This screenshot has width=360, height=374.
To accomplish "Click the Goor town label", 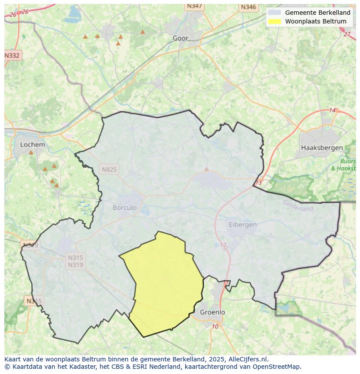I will pyautogui.click(x=180, y=38).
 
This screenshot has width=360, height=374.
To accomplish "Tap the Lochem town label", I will pyautogui.click(x=32, y=145).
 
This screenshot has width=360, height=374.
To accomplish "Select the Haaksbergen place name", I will pyautogui.click(x=322, y=148).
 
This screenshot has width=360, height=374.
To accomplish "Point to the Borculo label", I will pyautogui.click(x=124, y=208).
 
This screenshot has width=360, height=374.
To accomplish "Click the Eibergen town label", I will pyautogui.click(x=243, y=225).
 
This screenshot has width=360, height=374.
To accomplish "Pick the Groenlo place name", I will pyautogui.click(x=213, y=312).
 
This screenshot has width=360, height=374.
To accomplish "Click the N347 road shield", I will pyautogui.click(x=194, y=6).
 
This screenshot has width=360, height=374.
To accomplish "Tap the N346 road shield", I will pyautogui.click(x=248, y=7).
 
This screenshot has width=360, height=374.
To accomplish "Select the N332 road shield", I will pyautogui.click(x=12, y=56).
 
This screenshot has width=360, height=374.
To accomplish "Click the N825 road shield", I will pyautogui.click(x=109, y=169).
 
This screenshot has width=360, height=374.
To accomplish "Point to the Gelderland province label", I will pyautogui.click(x=298, y=206).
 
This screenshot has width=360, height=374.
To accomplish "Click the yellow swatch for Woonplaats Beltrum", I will pyautogui.click(x=274, y=21).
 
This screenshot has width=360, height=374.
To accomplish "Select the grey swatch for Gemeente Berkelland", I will pyautogui.click(x=274, y=13).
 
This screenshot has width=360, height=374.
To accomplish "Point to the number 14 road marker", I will pyautogui.click(x=333, y=110).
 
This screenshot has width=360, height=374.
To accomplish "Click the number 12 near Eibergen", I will pyautogui.click(x=223, y=245).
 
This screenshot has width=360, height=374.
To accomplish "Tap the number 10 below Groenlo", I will pyautogui.click(x=215, y=327).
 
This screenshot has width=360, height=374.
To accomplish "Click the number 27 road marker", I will pyautogui.click(x=347, y=34).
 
